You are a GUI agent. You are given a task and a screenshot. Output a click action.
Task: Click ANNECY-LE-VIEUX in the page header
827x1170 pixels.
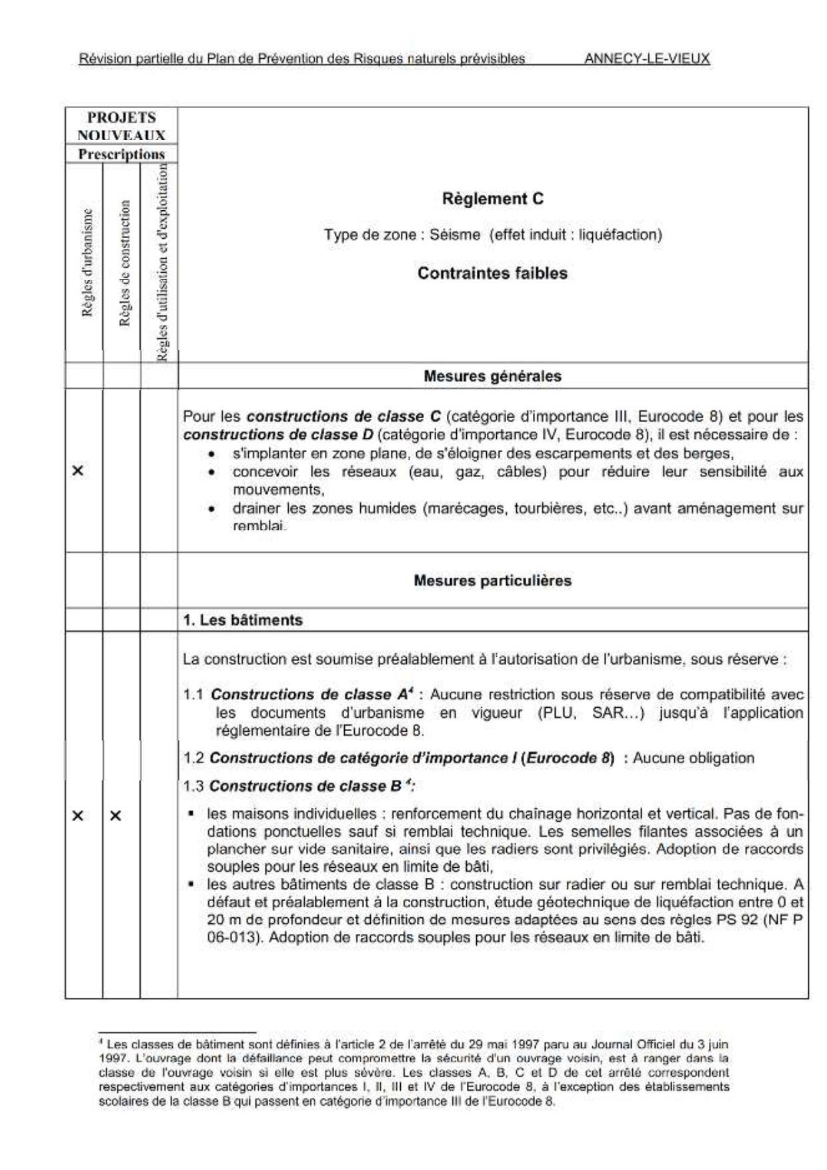(x=646, y=59)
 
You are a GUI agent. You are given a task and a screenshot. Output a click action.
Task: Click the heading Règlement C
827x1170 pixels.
(x=492, y=199)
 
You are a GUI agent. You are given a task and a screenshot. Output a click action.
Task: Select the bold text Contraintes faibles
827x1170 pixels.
(x=492, y=273)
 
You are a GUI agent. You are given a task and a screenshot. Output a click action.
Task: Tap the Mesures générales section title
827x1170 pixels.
(x=492, y=376)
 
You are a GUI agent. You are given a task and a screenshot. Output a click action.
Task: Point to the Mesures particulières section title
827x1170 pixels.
(x=492, y=580)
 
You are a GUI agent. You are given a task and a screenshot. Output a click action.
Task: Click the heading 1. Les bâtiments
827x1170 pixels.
(x=243, y=620)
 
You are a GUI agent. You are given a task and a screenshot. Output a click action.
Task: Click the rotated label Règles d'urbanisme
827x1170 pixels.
(x=87, y=263)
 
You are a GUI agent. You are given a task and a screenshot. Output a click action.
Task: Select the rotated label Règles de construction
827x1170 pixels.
(x=124, y=263)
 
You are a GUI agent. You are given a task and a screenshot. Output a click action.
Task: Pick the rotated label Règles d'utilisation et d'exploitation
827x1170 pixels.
(x=161, y=263)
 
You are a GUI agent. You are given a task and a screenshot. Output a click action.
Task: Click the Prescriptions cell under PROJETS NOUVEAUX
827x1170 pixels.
(x=121, y=154)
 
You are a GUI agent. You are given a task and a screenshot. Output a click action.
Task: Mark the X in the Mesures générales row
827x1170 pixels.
(x=78, y=471)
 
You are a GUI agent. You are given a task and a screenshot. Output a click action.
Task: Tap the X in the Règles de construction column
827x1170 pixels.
(x=115, y=816)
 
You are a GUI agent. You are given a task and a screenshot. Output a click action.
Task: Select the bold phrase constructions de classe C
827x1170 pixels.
(x=343, y=417)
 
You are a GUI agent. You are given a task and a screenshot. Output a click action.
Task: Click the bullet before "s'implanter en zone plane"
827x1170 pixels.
(x=212, y=454)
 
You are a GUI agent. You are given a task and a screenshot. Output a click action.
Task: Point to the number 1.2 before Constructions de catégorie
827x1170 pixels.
(x=193, y=758)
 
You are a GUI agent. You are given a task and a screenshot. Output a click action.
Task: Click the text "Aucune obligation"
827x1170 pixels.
(x=693, y=758)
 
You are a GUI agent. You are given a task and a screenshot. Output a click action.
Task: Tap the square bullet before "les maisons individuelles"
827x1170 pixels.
(x=191, y=814)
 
